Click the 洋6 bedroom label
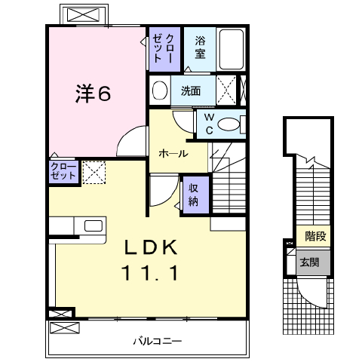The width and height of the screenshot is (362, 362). pyautogui.click(x=93, y=94)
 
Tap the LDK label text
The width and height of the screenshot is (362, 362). pyautogui.click(x=151, y=247)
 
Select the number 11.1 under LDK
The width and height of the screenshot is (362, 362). pyautogui.click(x=150, y=273)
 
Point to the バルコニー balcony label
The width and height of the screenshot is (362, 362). pyautogui.click(x=158, y=341)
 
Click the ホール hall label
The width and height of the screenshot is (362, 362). pyautogui.click(x=173, y=153)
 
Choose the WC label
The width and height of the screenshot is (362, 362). pyautogui.click(x=209, y=124)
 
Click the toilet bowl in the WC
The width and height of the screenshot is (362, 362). pyautogui.click(x=229, y=124)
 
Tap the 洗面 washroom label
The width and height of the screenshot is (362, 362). pyautogui.click(x=191, y=90)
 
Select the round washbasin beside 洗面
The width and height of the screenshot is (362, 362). pyautogui.click(x=160, y=90)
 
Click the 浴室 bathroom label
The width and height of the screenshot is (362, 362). pyautogui.click(x=200, y=48)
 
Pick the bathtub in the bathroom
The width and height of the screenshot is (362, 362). pyautogui.click(x=232, y=50)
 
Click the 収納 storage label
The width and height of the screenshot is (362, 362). pyautogui.click(x=193, y=195)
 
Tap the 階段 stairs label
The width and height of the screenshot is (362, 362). pyautogui.click(x=315, y=236)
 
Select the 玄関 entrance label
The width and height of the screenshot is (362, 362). pyautogui.click(x=309, y=262)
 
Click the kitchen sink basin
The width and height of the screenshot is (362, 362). pyautogui.click(x=94, y=225)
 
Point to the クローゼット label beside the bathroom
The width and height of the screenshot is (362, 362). pyautogui.click(x=163, y=48)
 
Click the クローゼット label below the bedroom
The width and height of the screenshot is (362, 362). pyautogui.click(x=63, y=171)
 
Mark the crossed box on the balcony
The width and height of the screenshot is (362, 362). pyautogui.click(x=65, y=328)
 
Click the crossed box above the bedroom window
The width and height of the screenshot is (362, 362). pyautogui.click(x=84, y=14)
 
